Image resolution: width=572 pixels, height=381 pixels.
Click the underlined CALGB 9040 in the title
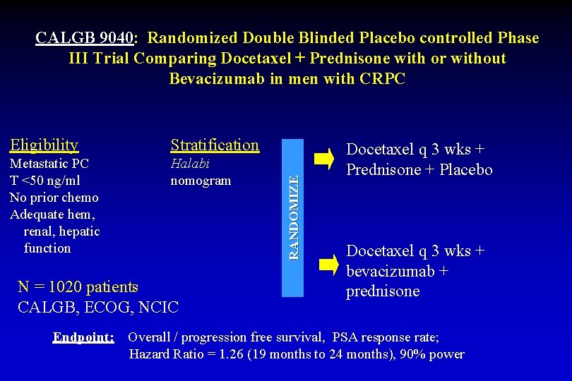pos(84,38)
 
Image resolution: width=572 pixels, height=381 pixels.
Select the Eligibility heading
pos(44,145)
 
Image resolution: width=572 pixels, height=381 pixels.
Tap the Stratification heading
pos(215,145)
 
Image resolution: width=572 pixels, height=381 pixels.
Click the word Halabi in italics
pos(190,164)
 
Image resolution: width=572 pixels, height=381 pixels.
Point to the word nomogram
pos(201,181)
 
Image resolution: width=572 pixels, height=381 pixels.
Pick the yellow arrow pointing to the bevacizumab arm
pos(328,265)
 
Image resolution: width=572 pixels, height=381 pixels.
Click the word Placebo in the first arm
pos(466,170)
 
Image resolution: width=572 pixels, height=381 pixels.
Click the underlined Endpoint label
pos(83,337)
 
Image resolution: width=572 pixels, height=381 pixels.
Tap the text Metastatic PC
pos(49,164)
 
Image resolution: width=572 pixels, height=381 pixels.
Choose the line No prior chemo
pos(54,198)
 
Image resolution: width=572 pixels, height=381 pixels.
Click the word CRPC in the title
pos(382,79)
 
